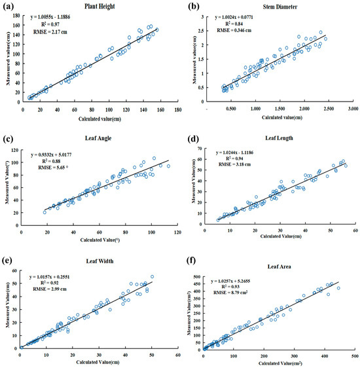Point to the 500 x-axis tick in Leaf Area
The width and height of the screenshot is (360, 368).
click(x=353, y=358)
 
